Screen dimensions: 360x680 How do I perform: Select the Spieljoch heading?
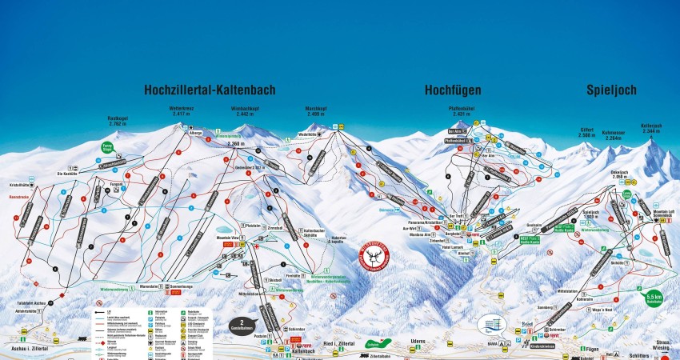pyautogui.click(x=611, y=90)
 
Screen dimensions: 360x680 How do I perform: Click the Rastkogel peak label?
pyautogui.click(x=118, y=122)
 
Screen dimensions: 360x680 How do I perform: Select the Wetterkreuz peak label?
pyautogui.click(x=182, y=110)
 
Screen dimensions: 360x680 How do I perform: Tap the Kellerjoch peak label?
pyautogui.click(x=652, y=126)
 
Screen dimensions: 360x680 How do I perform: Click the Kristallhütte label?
pyautogui.click(x=20, y=184)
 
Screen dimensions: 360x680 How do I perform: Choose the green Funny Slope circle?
pyautogui.click(x=107, y=147)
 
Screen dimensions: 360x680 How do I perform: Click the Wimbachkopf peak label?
pyautogui.click(x=245, y=110)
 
